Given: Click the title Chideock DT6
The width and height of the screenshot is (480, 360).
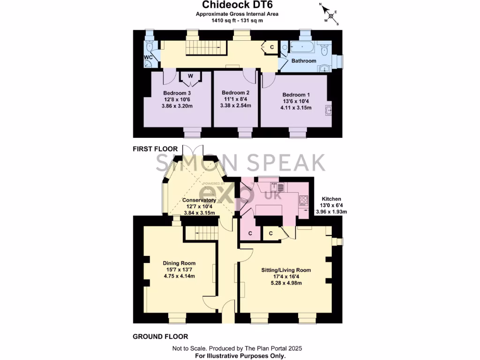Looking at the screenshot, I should click(237, 5).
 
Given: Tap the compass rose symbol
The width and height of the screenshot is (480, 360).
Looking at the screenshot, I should click(331, 15).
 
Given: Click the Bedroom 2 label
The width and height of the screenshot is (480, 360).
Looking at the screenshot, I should click(235, 92).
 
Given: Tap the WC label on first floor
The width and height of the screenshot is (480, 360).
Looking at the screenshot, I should click(149, 58).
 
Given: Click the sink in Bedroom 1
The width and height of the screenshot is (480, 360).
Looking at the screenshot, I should click(329, 111).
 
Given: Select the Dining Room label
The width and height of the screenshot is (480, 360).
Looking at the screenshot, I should click(179, 263).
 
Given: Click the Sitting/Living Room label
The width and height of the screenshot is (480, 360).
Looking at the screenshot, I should click(286, 270).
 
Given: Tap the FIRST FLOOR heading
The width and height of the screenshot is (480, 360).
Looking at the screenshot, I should click(155, 149).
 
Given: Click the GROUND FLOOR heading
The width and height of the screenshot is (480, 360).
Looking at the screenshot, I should click(160, 337).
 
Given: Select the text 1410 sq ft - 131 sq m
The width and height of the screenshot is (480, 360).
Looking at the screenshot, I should click(237, 20).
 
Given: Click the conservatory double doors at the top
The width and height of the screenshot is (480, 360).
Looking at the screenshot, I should click(192, 152).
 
